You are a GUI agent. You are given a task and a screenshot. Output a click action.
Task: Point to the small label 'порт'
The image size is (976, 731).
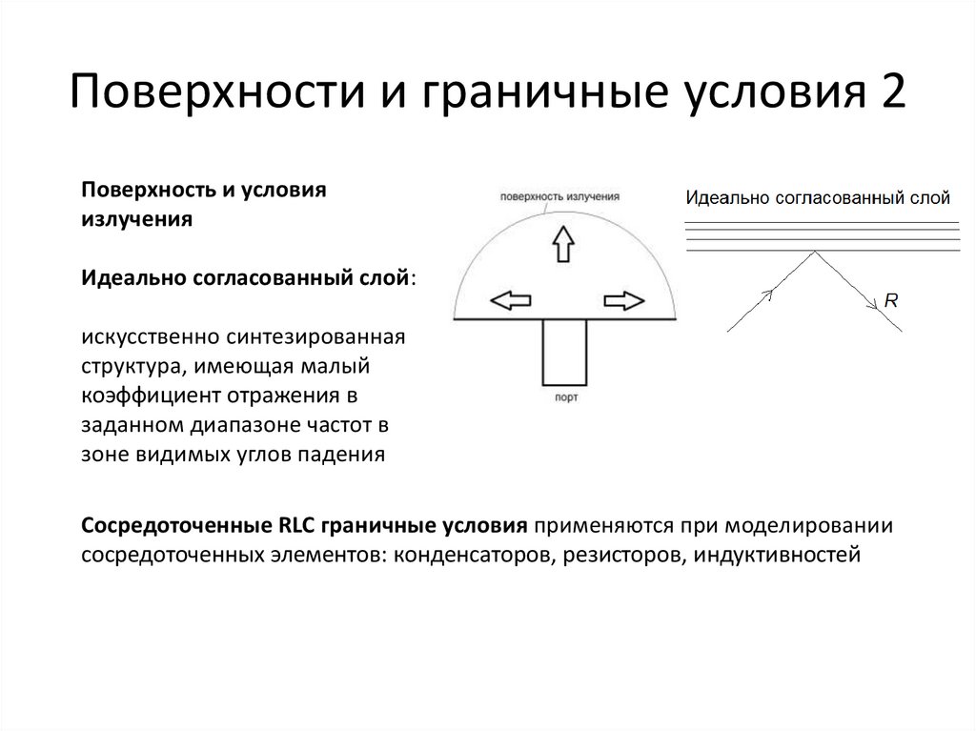[564, 395]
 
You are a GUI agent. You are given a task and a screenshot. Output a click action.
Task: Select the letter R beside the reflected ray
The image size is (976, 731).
[891, 299]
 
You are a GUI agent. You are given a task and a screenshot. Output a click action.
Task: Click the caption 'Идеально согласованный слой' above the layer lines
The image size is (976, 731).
[818, 198]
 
